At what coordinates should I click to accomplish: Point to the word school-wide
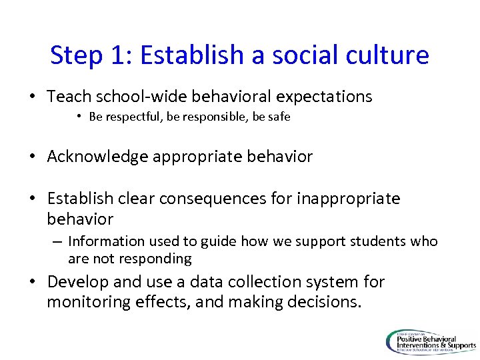[131, 97]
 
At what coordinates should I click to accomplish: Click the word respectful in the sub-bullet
[131, 117]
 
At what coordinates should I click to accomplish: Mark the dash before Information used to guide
[58, 241]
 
